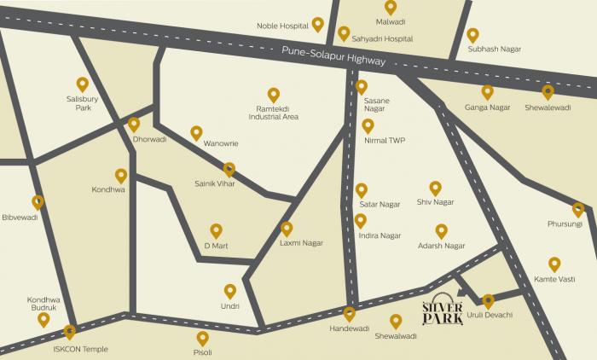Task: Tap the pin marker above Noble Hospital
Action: (x=318, y=25)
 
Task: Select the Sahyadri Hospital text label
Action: (x=381, y=38)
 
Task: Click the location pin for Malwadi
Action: (x=391, y=7)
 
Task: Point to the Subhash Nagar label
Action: (x=493, y=49)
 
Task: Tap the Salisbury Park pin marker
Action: (x=83, y=84)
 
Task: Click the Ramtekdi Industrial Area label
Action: (x=273, y=113)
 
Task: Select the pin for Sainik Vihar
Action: (x=229, y=169)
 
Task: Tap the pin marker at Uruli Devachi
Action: (x=488, y=301)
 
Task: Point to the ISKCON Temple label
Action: (x=70, y=350)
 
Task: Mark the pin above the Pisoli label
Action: (x=202, y=338)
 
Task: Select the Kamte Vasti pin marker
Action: (x=554, y=264)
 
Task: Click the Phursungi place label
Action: (x=565, y=224)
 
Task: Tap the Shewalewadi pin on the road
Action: (x=548, y=91)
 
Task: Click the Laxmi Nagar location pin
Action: (x=287, y=229)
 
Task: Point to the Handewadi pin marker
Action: (x=349, y=313)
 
